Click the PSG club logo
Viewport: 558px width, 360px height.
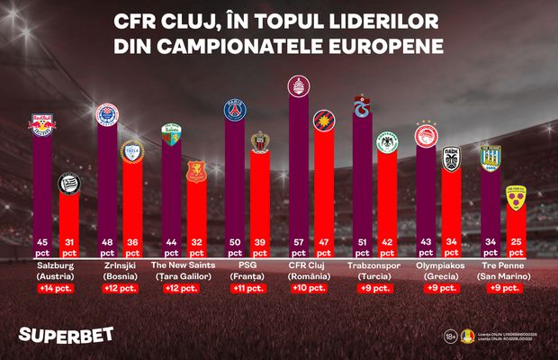pos(235,110)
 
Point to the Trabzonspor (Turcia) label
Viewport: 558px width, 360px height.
pos(372,271)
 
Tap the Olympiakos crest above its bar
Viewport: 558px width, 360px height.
pos(425,136)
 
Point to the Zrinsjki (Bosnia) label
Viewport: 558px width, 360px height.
pos(118,271)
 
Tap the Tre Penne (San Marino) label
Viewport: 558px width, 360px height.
pos(499,271)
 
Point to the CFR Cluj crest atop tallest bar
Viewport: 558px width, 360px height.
pos(297,85)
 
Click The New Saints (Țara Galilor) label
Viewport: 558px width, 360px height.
pos(181,271)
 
